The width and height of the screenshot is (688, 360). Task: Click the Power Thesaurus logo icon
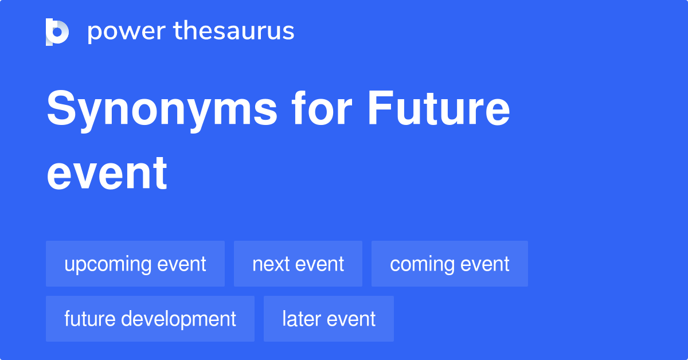point(57,32)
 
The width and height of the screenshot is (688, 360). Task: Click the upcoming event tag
point(135,264)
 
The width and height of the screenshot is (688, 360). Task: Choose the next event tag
point(298,264)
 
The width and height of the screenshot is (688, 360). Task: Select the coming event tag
point(449,264)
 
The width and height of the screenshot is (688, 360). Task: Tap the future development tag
point(150,319)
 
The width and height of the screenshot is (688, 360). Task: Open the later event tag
point(329,319)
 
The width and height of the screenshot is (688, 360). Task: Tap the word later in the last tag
point(300,319)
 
